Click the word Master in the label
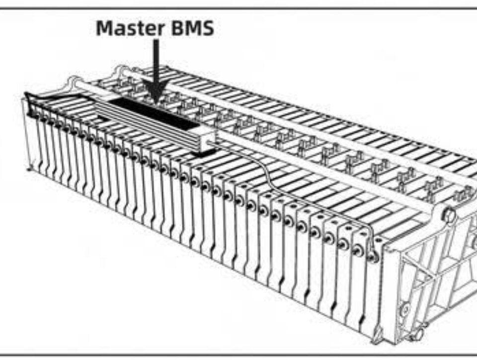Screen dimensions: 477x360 pos(130,28)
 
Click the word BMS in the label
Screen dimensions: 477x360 pos(192,28)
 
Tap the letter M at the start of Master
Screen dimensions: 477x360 pos(105,28)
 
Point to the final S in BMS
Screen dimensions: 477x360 pos(208,28)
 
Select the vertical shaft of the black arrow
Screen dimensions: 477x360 pos(156,61)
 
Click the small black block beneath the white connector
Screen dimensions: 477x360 pos(204,153)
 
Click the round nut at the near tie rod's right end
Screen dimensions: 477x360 pos(450,214)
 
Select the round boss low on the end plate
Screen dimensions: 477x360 pos(405,310)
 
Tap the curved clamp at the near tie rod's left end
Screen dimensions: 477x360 pos(72,83)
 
